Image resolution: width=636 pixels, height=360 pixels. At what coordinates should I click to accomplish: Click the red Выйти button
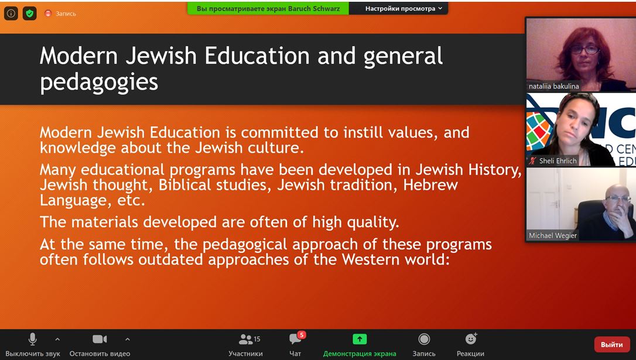pyautogui.click(x=611, y=345)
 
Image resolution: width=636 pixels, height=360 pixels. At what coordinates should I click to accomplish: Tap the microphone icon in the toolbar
pyautogui.click(x=32, y=339)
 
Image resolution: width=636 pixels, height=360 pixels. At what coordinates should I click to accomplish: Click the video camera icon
pyautogui.click(x=100, y=339)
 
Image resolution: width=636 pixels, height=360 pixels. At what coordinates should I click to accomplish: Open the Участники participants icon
pyautogui.click(x=246, y=339)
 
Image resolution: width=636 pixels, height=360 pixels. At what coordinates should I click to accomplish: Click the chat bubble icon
pyautogui.click(x=295, y=339)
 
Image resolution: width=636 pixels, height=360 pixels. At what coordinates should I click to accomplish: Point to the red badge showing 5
pyautogui.click(x=302, y=335)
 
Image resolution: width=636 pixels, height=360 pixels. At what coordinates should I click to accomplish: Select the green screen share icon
pyautogui.click(x=360, y=339)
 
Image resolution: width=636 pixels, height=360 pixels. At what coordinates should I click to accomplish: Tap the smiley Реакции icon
pyautogui.click(x=470, y=338)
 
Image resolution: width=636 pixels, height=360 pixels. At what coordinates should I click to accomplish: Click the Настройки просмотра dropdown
pyautogui.click(x=404, y=8)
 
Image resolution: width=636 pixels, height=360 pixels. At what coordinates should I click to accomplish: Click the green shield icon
pyautogui.click(x=30, y=13)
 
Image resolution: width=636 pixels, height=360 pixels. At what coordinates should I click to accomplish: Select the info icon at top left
pyautogui.click(x=11, y=13)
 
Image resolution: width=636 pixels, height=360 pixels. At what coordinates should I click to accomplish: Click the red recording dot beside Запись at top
pyautogui.click(x=48, y=13)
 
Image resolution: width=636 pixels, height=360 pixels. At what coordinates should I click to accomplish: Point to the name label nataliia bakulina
pyautogui.click(x=553, y=86)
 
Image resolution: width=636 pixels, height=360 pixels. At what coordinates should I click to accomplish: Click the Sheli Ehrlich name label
pyautogui.click(x=558, y=160)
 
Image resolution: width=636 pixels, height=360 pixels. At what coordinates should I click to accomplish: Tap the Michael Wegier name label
pyautogui.click(x=552, y=235)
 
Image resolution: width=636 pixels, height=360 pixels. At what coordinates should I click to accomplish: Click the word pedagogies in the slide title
pyautogui.click(x=99, y=83)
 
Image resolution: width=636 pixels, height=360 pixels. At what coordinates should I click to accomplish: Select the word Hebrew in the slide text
pyautogui.click(x=430, y=185)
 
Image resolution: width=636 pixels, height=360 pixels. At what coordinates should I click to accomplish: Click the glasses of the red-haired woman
pyautogui.click(x=584, y=50)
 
